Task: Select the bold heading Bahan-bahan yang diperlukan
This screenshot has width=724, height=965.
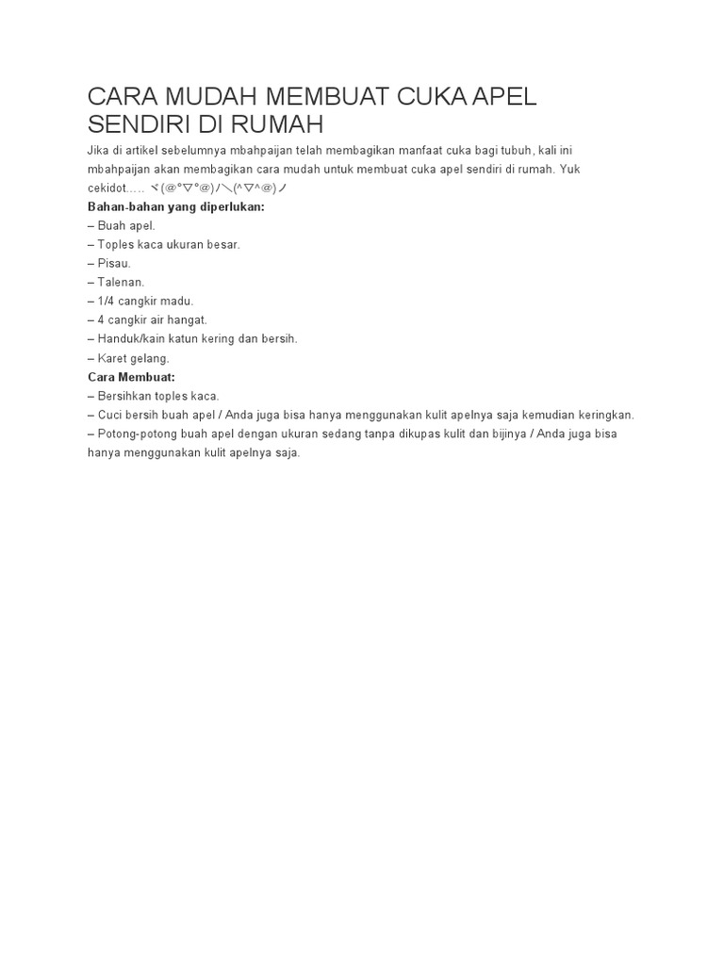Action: pos(176,207)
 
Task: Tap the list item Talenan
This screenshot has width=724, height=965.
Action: pos(122,282)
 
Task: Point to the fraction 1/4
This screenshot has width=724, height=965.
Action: pos(107,301)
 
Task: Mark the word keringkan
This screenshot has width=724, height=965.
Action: pos(603,415)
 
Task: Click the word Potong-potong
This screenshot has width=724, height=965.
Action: pos(137,433)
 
